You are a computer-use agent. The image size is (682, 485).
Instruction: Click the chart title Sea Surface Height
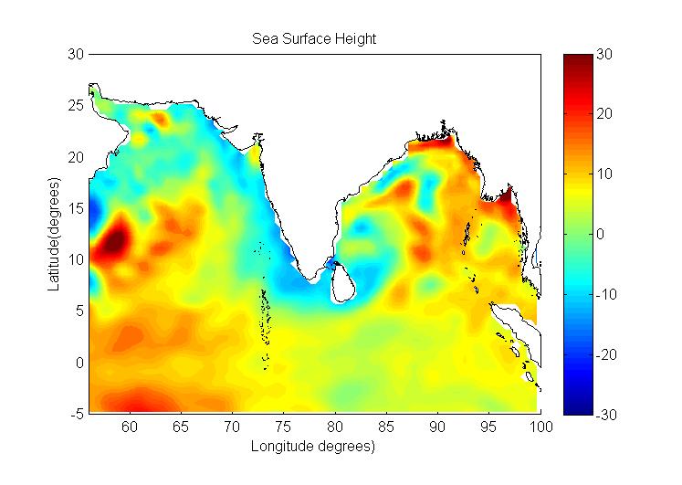point(314,39)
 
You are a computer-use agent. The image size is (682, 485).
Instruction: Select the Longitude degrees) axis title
point(314,447)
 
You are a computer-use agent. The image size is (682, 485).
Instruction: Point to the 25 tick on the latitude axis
point(76,106)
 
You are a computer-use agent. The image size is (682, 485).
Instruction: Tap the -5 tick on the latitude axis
point(76,414)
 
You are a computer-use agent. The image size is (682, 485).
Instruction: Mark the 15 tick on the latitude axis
point(76,208)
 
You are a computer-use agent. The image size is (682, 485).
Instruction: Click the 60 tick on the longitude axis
point(130,427)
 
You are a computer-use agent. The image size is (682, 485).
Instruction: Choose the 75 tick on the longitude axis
point(284,427)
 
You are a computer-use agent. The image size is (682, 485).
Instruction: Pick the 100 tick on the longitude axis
point(541,427)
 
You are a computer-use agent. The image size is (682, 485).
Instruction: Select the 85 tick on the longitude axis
point(387,427)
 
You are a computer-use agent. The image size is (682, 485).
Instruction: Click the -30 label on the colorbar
point(608,415)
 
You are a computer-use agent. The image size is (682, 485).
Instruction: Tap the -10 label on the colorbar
point(608,294)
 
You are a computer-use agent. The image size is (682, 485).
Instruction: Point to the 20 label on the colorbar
point(606,114)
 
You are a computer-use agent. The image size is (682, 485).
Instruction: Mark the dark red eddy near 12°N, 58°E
point(112,241)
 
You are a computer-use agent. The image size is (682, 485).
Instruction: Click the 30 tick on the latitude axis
point(76,55)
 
